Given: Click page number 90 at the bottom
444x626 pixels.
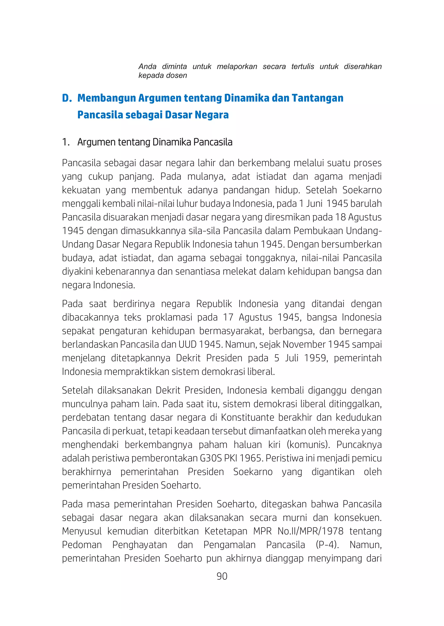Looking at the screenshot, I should pos(222,576).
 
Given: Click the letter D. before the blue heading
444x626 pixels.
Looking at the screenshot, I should pos(67,98).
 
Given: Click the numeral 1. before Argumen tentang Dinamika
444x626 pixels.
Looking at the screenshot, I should pos(66,142).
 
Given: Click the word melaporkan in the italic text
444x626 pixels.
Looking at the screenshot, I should pos(237,67).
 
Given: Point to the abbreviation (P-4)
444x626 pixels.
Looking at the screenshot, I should pos(327,545).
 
